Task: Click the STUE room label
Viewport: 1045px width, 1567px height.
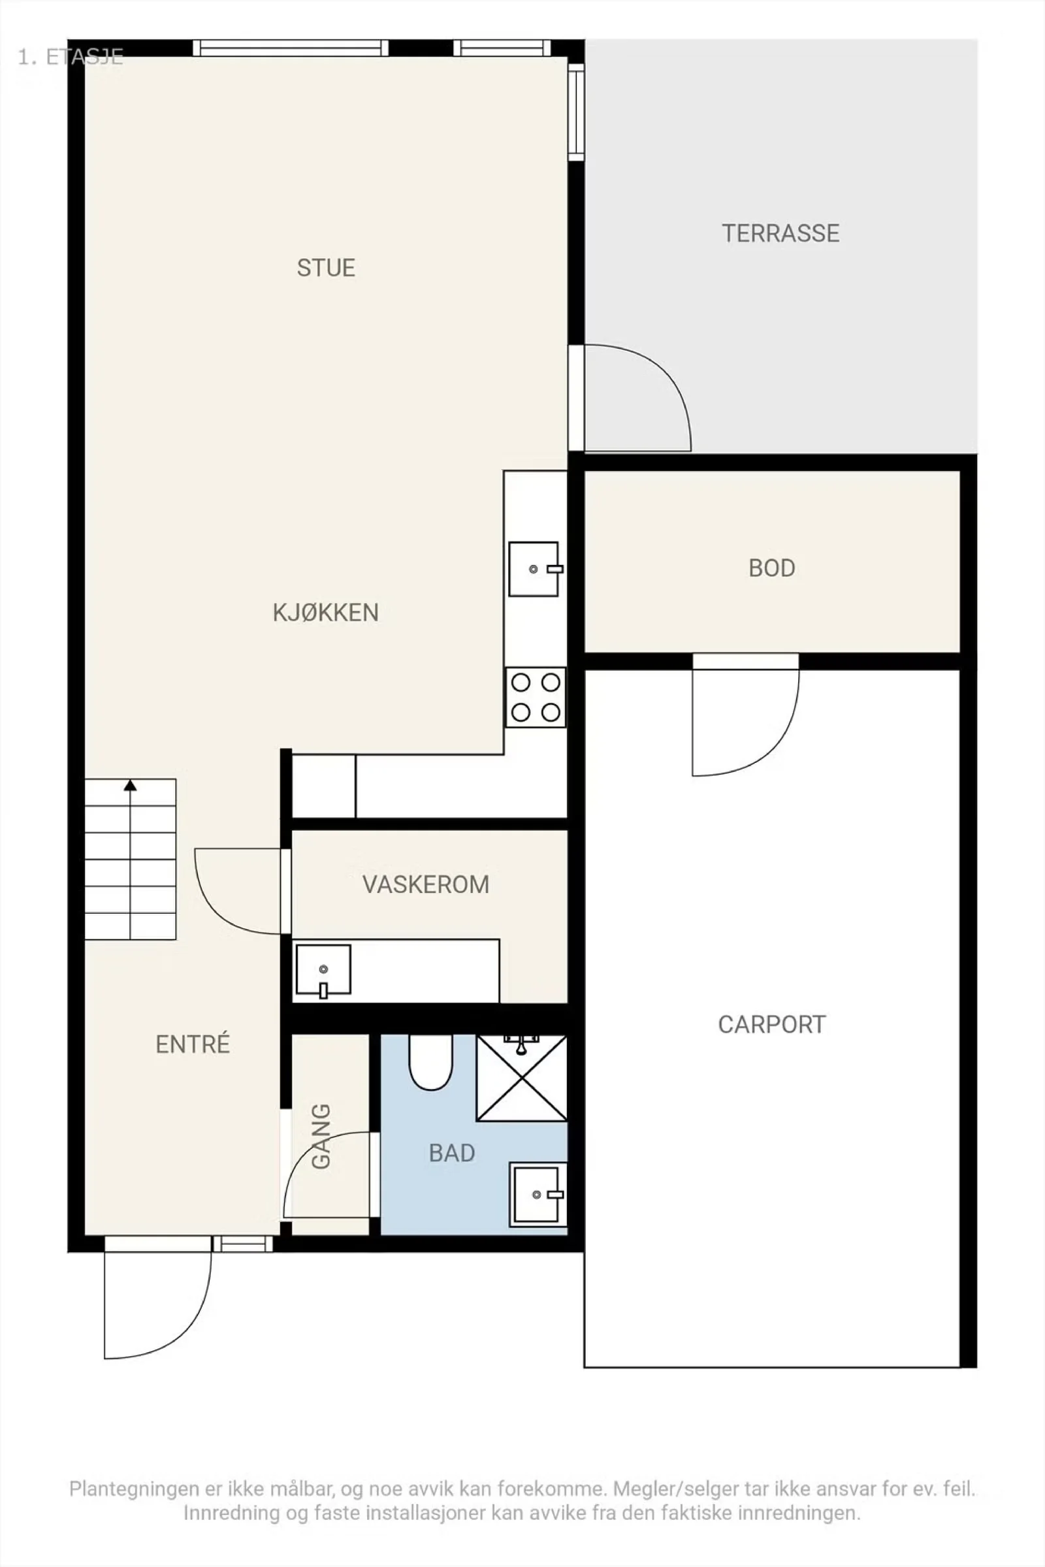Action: [x=326, y=268]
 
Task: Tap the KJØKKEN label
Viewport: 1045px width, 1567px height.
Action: [x=326, y=613]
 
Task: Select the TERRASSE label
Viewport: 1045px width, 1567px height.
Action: [x=780, y=233]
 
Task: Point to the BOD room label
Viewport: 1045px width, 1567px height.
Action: [x=772, y=568]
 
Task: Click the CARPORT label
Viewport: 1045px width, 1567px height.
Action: [x=772, y=1024]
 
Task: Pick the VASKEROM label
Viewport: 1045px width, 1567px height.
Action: [x=426, y=884]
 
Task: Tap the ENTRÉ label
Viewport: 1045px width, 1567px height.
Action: [x=193, y=1044]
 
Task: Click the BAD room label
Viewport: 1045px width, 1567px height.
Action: [x=452, y=1153]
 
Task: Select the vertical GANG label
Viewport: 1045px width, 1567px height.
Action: [x=321, y=1137]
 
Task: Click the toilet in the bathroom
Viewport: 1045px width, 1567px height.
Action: [x=430, y=1061]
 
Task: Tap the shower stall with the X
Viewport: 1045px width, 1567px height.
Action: [x=521, y=1078]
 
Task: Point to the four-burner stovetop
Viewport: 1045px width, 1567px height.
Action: [x=535, y=697]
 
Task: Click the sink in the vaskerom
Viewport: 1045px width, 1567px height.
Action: [x=323, y=971]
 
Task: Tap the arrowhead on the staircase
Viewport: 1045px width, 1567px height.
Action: [x=130, y=785]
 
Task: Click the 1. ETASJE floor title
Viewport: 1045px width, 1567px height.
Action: [x=70, y=57]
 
